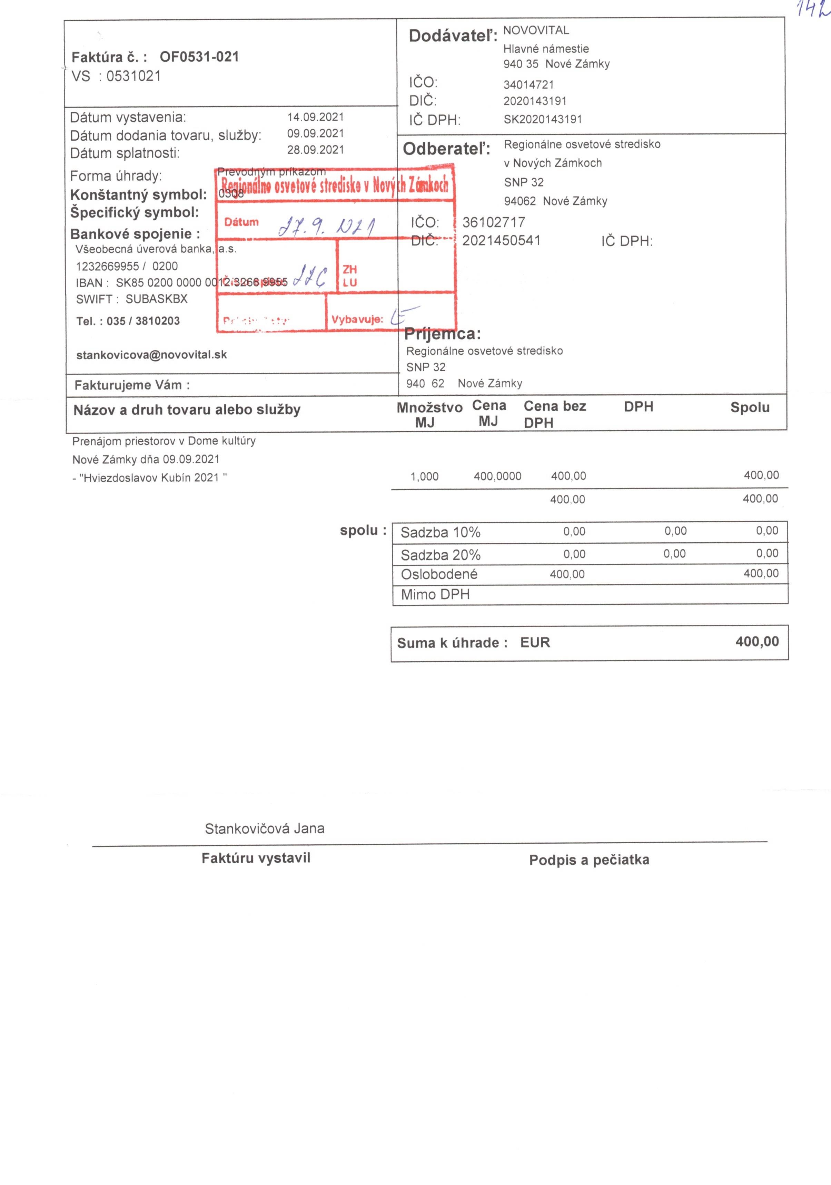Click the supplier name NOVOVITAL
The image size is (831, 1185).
point(536,30)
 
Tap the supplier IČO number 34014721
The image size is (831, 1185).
point(528,85)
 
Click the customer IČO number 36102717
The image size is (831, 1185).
point(493,222)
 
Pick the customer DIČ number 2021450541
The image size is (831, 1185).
point(501,241)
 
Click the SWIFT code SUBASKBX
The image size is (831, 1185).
point(157,299)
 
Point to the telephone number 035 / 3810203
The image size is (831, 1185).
point(143,321)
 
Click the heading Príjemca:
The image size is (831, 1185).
point(442,334)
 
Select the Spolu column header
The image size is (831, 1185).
point(749,407)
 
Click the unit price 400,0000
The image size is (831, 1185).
point(497,476)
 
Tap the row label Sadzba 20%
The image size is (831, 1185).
point(441,555)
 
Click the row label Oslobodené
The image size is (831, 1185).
point(439,574)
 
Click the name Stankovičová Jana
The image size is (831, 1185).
point(265,829)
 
